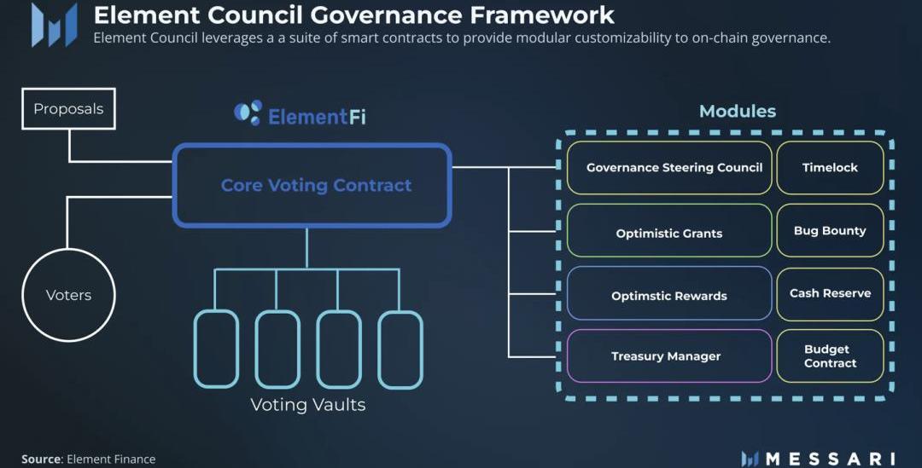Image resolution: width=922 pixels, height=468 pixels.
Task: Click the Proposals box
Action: click(68, 109)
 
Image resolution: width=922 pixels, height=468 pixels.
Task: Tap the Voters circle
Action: click(68, 295)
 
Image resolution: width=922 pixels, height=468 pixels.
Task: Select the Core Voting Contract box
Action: click(312, 185)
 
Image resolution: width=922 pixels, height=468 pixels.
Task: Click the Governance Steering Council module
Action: click(669, 167)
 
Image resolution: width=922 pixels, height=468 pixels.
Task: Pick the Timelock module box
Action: click(830, 167)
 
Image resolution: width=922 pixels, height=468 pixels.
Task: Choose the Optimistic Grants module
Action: click(669, 233)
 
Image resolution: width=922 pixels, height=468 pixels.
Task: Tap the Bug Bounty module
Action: click(830, 230)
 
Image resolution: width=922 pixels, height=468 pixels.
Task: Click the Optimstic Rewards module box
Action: click(669, 296)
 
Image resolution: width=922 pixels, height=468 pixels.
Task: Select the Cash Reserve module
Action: click(830, 293)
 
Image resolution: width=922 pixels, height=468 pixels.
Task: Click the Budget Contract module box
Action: click(830, 356)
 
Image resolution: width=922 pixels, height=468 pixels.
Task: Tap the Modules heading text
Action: click(738, 111)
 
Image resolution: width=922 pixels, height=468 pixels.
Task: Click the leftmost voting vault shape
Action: click(216, 350)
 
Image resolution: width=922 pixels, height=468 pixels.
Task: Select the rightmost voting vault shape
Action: click(400, 350)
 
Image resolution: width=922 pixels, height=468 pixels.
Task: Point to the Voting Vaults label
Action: click(307, 405)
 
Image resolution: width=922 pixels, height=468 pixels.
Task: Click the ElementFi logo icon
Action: click(248, 113)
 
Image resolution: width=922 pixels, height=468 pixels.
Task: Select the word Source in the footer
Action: click(41, 459)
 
